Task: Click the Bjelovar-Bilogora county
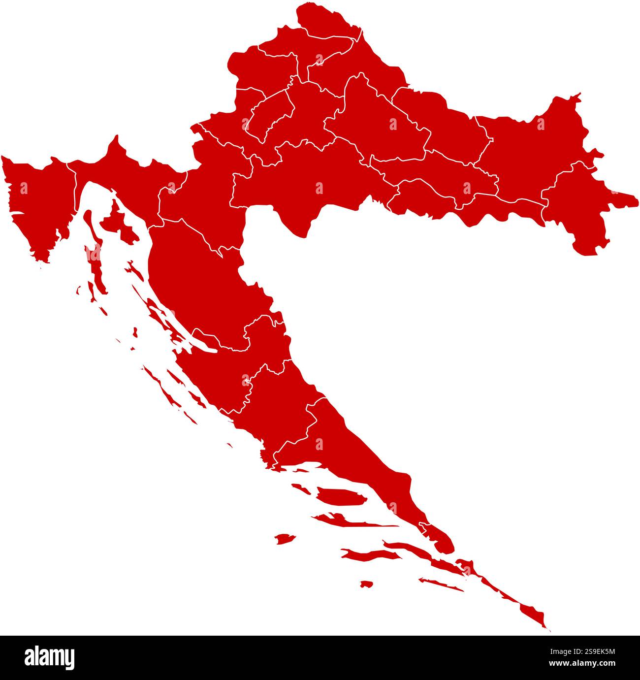click(379, 123)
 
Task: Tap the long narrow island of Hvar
click(345, 519)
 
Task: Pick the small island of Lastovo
click(366, 584)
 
